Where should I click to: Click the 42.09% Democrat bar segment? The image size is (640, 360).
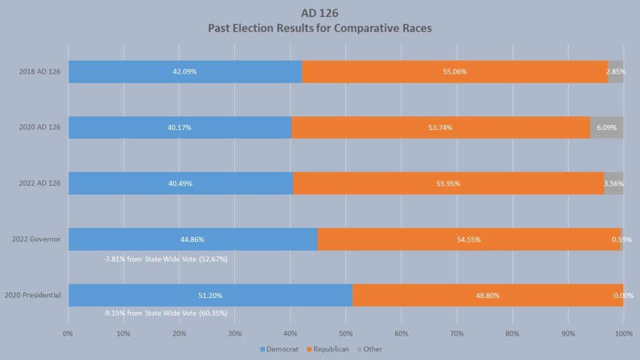point(185,72)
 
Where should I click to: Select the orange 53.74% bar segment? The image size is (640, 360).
point(440,127)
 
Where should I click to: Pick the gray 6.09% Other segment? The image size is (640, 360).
point(606,127)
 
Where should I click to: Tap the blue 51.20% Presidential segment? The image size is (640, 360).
point(210,295)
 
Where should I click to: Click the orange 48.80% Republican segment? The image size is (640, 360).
point(487,295)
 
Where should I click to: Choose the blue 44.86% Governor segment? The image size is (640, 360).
point(192,239)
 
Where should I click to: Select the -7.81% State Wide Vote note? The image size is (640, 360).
point(165,258)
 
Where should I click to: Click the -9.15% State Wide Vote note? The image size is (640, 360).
point(165,313)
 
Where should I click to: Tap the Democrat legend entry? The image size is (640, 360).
point(277,349)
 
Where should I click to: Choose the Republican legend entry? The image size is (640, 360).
point(328,349)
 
